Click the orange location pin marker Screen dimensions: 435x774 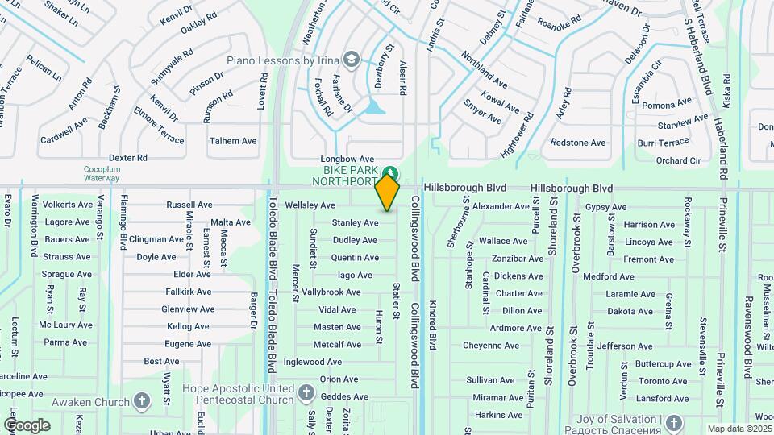coord(388,193)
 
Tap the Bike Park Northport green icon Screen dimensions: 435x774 coord(390,172)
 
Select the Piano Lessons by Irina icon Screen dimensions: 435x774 coord(351,60)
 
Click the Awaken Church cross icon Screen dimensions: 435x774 coord(142,401)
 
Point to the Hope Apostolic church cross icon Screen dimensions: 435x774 coord(306,393)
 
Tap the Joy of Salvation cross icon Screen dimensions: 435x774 coord(673,422)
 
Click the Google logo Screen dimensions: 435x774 coord(27,425)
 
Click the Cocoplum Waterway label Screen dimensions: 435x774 coord(102,174)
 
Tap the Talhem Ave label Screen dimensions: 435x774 coord(233,141)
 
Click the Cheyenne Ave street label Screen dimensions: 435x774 coord(491,345)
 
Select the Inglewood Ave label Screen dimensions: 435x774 coord(313,362)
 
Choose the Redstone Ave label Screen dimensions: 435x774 coord(577,143)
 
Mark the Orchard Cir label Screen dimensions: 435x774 coord(678,160)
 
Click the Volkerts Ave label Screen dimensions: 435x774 coord(66,205)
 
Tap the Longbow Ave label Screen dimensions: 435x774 coord(347,159)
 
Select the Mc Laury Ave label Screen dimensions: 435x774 coord(66,325)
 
